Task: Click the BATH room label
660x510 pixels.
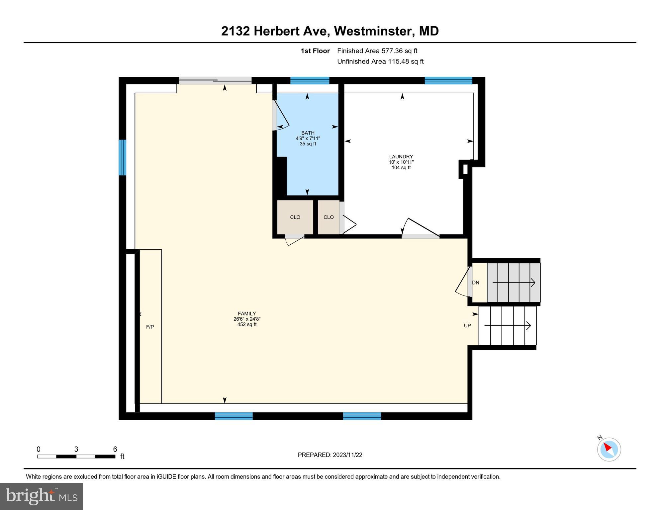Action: pyautogui.click(x=308, y=133)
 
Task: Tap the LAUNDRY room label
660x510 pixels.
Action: pyautogui.click(x=401, y=157)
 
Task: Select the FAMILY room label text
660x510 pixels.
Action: pyautogui.click(x=246, y=314)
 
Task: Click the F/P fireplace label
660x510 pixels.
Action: pyautogui.click(x=150, y=327)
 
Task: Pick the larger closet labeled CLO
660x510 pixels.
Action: pyautogui.click(x=295, y=217)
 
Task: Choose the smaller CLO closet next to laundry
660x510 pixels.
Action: pyautogui.click(x=329, y=217)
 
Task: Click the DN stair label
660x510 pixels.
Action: pyautogui.click(x=476, y=283)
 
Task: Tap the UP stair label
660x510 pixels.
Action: pyautogui.click(x=467, y=326)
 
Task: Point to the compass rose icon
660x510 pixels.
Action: pyautogui.click(x=609, y=449)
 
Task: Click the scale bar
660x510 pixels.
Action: pyautogui.click(x=76, y=457)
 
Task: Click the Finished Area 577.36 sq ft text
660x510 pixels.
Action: pyautogui.click(x=377, y=51)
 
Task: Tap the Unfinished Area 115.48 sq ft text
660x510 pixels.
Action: pyautogui.click(x=380, y=61)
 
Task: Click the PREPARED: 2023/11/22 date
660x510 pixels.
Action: pyautogui.click(x=330, y=455)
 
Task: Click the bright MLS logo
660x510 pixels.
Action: pyautogui.click(x=42, y=496)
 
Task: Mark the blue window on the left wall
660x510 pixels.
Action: pyautogui.click(x=123, y=157)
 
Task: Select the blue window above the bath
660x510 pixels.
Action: pyautogui.click(x=310, y=81)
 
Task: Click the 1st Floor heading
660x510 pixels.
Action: pyautogui.click(x=315, y=51)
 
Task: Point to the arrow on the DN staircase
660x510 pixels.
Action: pyautogui.click(x=514, y=283)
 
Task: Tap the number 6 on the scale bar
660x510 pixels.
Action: pyautogui.click(x=115, y=449)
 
